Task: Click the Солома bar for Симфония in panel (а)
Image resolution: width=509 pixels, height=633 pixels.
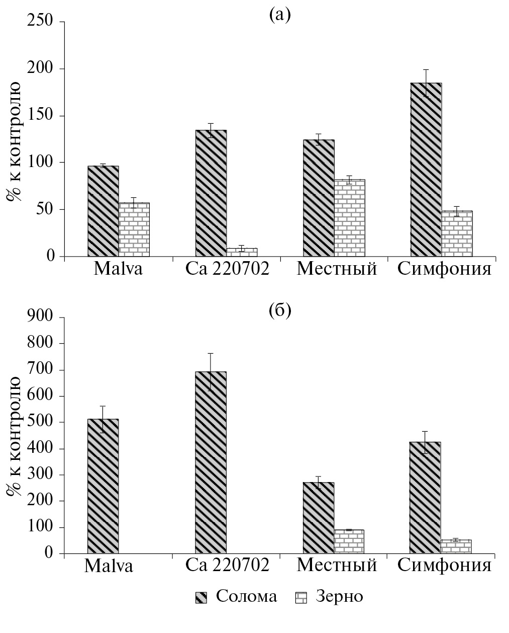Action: click(426, 170)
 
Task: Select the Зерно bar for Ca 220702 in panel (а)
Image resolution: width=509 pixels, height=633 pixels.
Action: click(242, 252)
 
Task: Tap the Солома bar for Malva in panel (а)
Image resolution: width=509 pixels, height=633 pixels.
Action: click(103, 211)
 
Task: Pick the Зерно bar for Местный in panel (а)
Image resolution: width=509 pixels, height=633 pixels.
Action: click(349, 218)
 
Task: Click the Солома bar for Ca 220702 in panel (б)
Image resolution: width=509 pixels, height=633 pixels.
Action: click(211, 462)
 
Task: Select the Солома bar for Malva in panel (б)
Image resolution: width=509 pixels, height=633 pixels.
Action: click(103, 486)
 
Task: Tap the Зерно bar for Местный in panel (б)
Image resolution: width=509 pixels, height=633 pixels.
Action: click(349, 541)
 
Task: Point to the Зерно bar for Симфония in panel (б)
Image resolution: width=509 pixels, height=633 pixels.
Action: click(456, 546)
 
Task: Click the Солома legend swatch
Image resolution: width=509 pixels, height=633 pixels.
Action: click(201, 598)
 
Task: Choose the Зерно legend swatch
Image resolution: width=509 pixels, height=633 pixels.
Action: click(301, 598)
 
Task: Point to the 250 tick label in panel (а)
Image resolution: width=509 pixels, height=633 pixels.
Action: click(40, 22)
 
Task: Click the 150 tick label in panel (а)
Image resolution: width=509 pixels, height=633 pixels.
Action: click(40, 116)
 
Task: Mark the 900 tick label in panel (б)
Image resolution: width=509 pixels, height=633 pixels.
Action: click(40, 317)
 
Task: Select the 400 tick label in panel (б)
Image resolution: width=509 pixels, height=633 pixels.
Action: click(40, 448)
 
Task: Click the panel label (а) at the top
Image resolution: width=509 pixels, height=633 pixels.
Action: click(280, 15)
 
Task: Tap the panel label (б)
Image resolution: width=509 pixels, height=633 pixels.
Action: click(280, 311)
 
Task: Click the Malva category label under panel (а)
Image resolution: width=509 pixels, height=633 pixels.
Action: click(118, 269)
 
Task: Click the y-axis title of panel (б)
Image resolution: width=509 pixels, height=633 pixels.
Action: click(15, 436)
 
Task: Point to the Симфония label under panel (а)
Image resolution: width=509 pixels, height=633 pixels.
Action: click(444, 269)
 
